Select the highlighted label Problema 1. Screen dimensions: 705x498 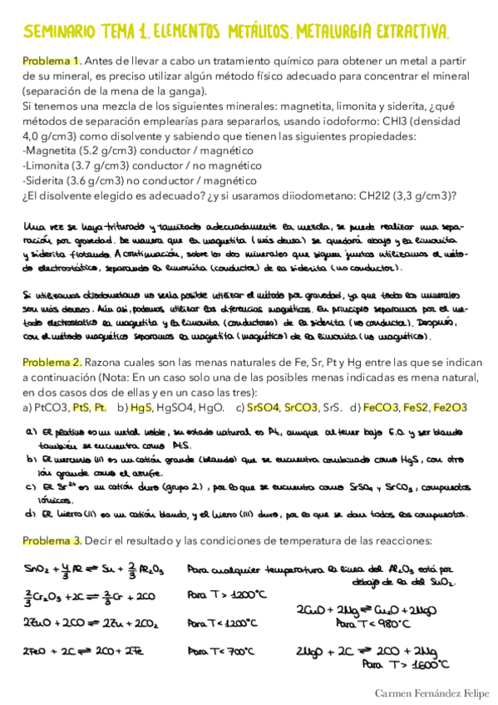click(51, 61)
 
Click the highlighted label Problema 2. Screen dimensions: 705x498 click(51, 362)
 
